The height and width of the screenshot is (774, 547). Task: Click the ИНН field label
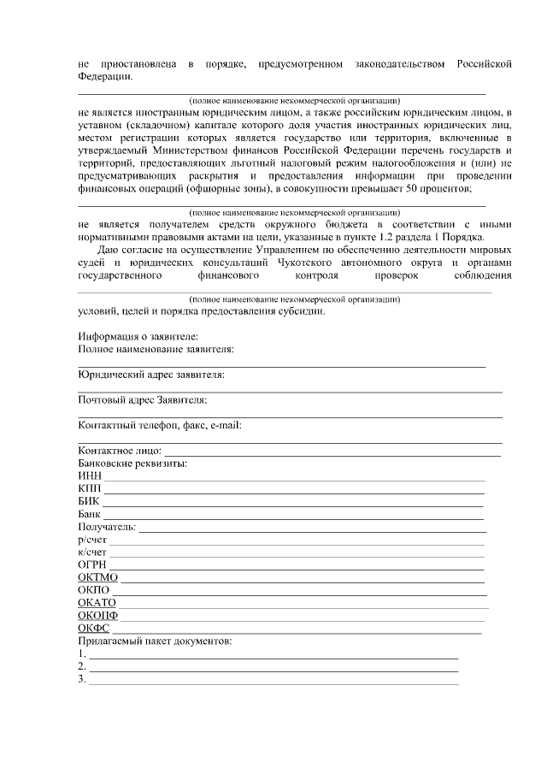(x=90, y=476)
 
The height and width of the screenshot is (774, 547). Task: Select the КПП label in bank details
(x=90, y=489)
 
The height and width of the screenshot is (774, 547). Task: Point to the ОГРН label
(x=92, y=566)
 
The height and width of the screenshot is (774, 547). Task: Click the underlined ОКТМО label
(x=97, y=579)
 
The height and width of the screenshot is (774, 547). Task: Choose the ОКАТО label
(x=97, y=604)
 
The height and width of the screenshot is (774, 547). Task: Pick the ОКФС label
(x=93, y=629)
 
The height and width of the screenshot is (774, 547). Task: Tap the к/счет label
(x=92, y=553)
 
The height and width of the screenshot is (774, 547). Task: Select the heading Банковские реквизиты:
(x=132, y=464)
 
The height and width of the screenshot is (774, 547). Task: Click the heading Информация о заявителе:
(x=138, y=337)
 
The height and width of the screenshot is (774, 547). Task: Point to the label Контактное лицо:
(x=119, y=451)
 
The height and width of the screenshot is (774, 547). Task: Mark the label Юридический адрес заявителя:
(x=151, y=375)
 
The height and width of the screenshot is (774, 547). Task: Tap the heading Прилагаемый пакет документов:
(x=155, y=641)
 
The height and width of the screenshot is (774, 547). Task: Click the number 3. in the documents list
(x=82, y=679)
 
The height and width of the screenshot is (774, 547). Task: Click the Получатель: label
(x=107, y=527)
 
